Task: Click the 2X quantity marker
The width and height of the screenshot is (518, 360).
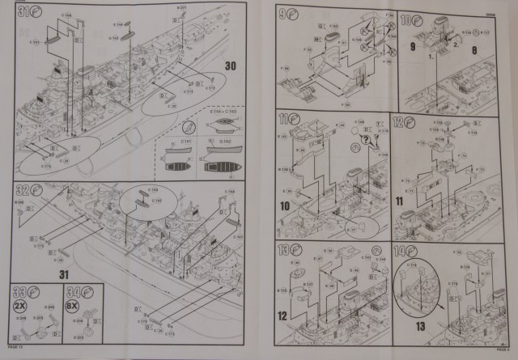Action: pyautogui.click(x=20, y=306)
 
